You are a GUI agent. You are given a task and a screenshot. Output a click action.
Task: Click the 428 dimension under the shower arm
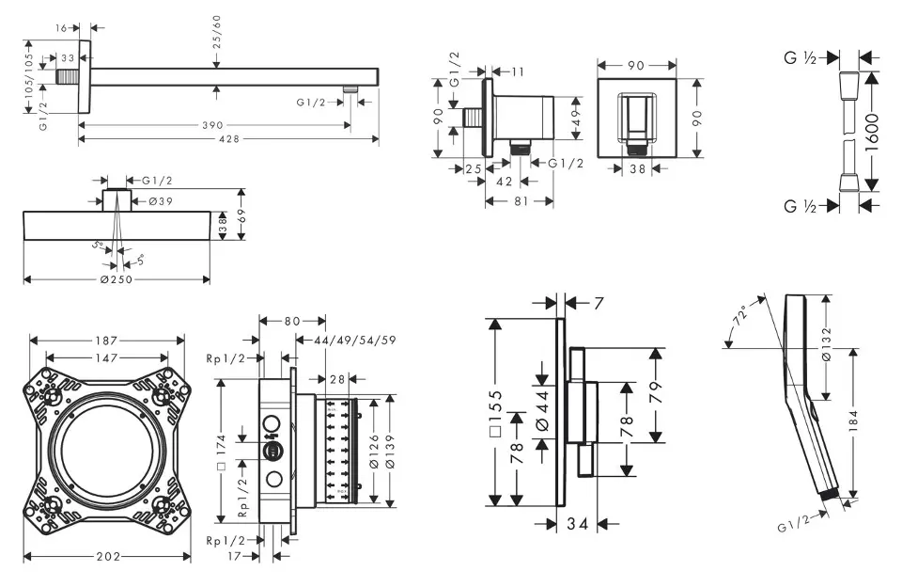click(228, 139)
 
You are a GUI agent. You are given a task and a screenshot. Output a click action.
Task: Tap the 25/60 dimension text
click(217, 32)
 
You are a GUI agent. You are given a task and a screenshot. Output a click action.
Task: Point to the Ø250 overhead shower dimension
click(116, 279)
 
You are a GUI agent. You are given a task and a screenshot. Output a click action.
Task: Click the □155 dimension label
click(494, 412)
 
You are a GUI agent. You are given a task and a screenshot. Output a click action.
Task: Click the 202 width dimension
click(108, 557)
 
